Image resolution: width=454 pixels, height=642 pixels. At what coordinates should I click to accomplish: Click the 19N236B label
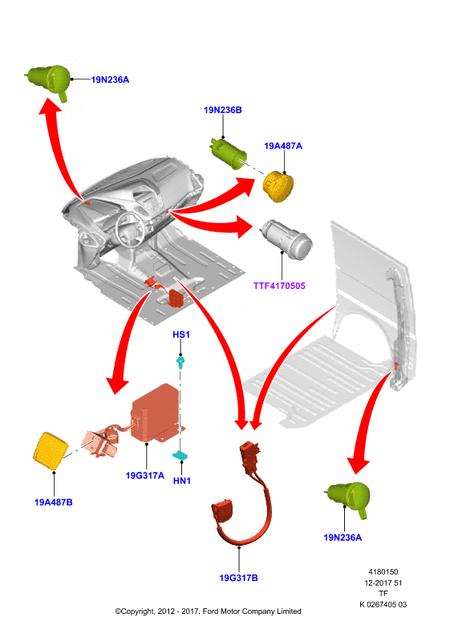223,110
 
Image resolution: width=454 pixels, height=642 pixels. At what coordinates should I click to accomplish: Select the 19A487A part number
283,146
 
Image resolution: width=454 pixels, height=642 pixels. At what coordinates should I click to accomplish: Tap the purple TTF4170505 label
279,286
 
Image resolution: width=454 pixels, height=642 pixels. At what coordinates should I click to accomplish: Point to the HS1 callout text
181,335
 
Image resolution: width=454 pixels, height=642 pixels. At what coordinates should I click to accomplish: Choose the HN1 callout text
182,481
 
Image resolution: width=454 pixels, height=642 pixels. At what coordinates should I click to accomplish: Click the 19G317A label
144,475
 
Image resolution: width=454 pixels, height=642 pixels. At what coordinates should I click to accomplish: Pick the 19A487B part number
53,502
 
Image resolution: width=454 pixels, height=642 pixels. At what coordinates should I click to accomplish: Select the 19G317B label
239,578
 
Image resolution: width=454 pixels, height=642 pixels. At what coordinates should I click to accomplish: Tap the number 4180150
383,572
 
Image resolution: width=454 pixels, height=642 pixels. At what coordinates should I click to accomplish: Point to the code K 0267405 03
383,604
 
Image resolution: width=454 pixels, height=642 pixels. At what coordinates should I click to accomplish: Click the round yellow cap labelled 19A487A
278,187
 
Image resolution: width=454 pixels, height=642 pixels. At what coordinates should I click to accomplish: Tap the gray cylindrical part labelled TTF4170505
287,239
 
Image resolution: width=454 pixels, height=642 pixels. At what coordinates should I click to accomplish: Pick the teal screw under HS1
180,363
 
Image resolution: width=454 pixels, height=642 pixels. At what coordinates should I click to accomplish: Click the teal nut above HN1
180,455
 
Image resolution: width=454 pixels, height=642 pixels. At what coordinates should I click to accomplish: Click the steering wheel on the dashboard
130,229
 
